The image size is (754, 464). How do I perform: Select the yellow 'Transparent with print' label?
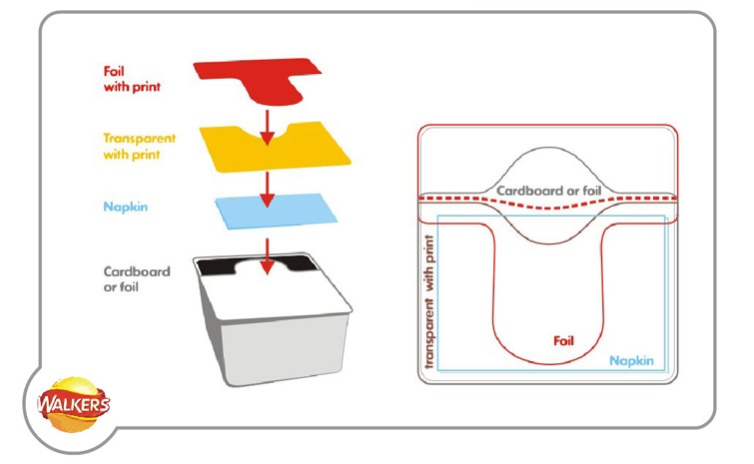click(140, 147)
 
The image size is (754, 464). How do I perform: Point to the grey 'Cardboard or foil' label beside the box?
click(137, 279)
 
